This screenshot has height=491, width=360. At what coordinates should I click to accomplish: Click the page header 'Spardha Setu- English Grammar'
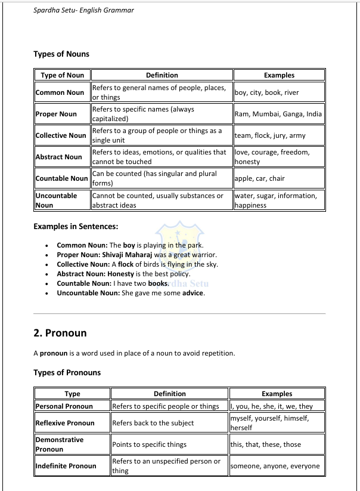[84, 10]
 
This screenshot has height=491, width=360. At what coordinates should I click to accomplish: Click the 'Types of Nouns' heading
[61, 54]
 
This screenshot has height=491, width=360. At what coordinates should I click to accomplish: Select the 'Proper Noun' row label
[56, 114]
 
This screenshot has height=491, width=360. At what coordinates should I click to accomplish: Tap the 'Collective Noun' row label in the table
[61, 135]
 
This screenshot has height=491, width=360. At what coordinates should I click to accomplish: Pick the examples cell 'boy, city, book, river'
[267, 92]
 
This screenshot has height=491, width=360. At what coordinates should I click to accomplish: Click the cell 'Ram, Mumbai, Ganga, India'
[278, 114]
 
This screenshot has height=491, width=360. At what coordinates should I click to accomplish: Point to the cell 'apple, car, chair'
[260, 178]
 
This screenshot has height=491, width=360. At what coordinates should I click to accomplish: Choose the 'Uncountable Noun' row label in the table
[56, 200]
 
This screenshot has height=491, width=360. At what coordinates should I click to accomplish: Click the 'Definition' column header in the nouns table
[162, 75]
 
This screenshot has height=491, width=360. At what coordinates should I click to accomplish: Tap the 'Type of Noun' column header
[62, 75]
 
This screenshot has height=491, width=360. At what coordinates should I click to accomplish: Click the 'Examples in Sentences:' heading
[76, 227]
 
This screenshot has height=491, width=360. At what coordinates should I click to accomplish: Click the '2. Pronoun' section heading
[60, 333]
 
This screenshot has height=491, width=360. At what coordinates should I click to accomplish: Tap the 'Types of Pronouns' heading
[67, 373]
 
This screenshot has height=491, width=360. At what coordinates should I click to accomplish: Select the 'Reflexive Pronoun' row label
[65, 423]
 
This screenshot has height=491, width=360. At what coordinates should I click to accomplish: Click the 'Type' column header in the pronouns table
[72, 394]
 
